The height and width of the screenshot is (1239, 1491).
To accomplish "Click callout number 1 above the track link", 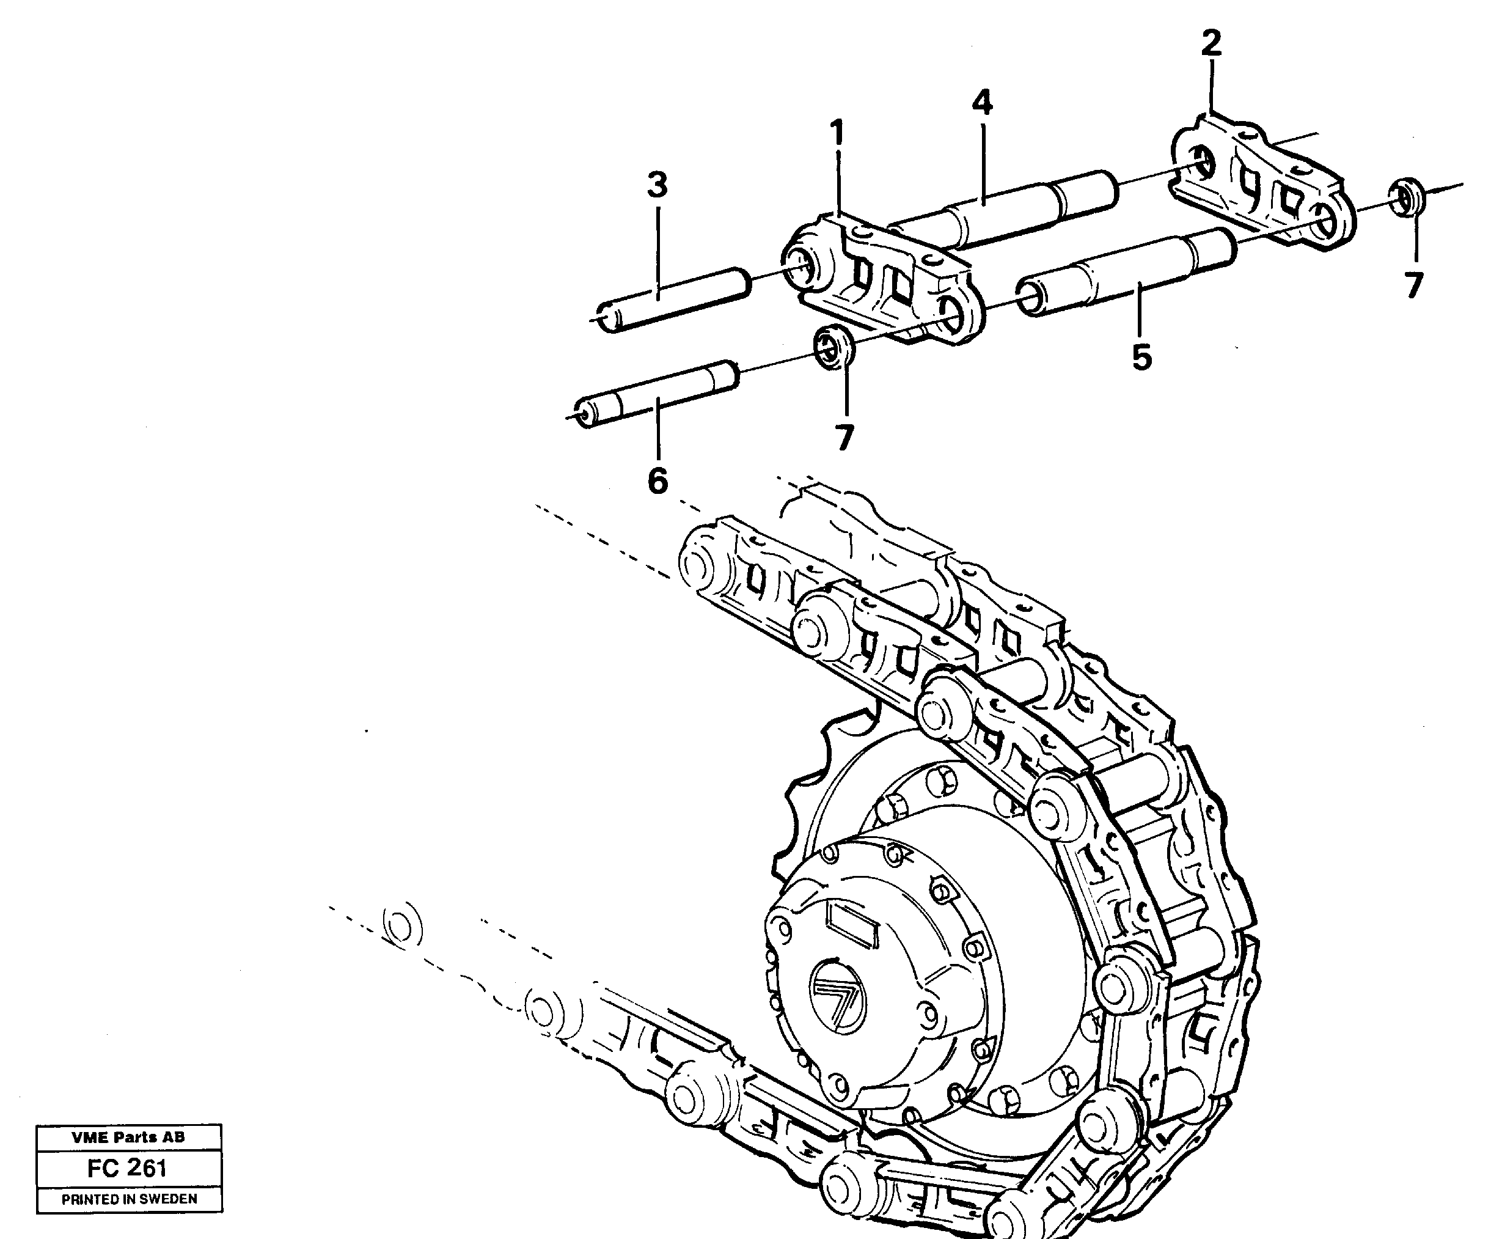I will (x=838, y=133).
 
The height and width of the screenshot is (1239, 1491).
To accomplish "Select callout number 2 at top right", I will (x=1211, y=43).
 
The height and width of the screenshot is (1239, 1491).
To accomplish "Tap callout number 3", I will (x=658, y=185).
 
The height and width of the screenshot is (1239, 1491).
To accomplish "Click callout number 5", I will (x=1141, y=357).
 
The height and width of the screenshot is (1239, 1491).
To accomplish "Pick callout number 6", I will (x=658, y=482).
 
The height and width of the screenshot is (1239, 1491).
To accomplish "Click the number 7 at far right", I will (x=1413, y=285).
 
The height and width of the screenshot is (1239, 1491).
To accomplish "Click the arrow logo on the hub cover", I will (x=838, y=988).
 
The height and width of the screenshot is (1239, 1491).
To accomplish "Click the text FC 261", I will (x=128, y=1168).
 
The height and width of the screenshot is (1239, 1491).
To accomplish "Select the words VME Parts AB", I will (x=128, y=1137).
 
